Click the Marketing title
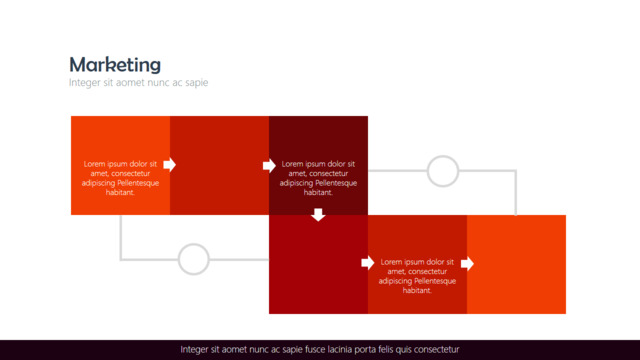115,64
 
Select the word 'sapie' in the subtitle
197,83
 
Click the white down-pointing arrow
318,215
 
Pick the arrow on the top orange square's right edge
170,164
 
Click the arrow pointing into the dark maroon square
269,165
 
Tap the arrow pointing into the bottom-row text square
368,263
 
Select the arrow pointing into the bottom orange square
467,264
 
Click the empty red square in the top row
220,165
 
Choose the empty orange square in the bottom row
516,264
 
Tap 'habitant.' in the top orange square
120,193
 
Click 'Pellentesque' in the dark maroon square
337,183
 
